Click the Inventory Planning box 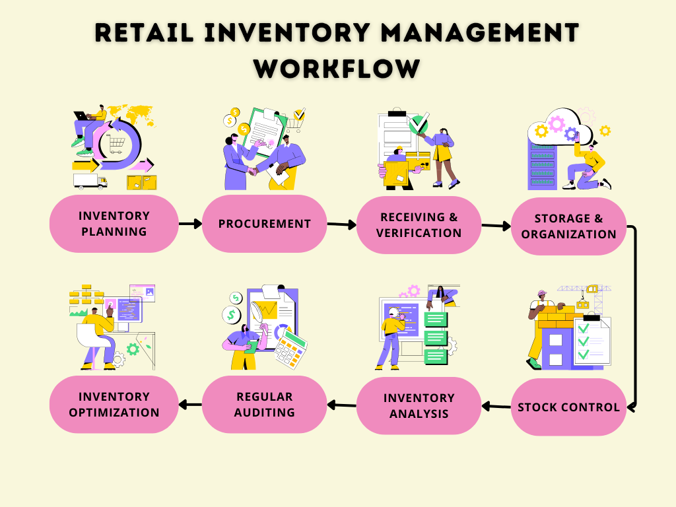tap(114, 224)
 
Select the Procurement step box tap(264, 224)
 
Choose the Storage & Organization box tap(568, 226)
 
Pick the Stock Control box tap(568, 407)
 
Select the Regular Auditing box tap(264, 405)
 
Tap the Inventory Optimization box tap(114, 405)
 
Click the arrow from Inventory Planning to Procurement tap(190, 224)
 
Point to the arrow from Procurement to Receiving tap(342, 224)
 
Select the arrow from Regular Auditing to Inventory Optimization tap(190, 405)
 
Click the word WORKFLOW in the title tap(337, 68)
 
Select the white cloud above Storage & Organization tap(555, 125)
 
